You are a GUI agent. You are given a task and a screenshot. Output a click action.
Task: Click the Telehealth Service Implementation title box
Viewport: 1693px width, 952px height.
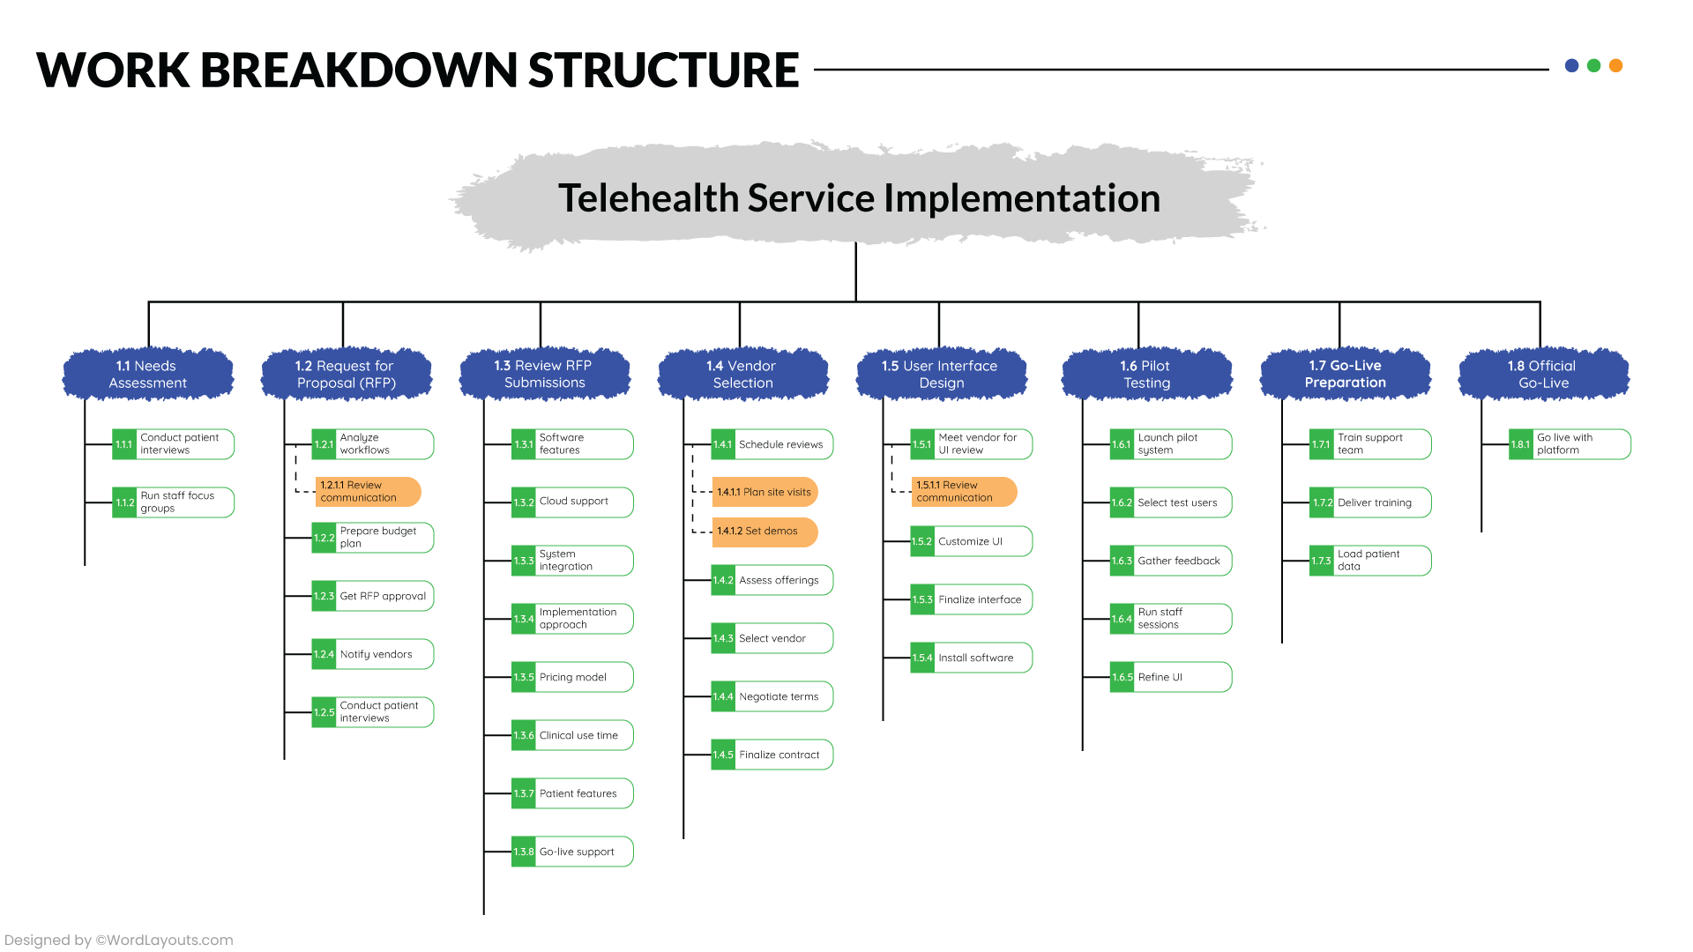[x=858, y=197]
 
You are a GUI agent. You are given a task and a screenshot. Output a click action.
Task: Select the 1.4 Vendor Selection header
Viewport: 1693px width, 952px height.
[x=742, y=375]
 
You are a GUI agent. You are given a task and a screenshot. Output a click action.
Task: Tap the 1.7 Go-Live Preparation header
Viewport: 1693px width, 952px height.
[x=1345, y=375]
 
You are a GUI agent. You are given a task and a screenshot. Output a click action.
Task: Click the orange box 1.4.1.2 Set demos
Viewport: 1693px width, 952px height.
[x=764, y=532]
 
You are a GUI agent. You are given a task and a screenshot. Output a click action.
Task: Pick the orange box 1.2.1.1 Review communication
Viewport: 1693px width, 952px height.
[x=367, y=492]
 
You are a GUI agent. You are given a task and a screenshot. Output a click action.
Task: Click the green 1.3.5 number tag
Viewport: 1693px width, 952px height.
[x=524, y=677]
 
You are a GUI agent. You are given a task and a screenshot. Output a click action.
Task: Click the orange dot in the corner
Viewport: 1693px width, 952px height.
[x=1615, y=65]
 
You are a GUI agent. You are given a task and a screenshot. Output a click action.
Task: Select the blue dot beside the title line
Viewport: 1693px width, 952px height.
[x=1571, y=65]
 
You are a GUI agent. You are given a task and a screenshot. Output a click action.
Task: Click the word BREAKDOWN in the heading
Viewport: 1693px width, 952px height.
[x=358, y=71]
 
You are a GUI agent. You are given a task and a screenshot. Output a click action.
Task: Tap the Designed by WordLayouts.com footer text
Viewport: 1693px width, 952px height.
[x=119, y=940]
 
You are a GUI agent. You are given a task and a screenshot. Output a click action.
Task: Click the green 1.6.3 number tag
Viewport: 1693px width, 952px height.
[x=1122, y=561]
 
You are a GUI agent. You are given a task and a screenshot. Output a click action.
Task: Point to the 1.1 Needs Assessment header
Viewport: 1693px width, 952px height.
[x=147, y=375]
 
